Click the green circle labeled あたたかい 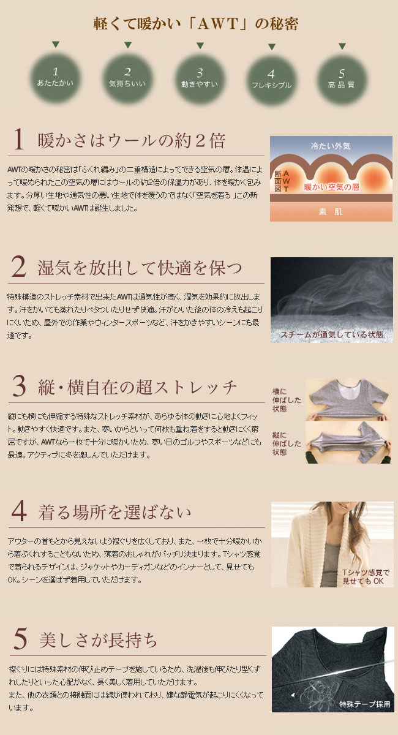coord(55,78)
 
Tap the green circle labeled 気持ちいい coord(127,78)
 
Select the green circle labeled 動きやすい coord(200,79)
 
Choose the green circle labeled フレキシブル coord(271,80)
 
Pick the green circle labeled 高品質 coord(342,80)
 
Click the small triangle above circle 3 coord(200,45)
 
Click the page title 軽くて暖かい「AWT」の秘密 coord(196,24)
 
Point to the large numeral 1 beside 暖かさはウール coord(18,139)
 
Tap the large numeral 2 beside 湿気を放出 coord(19,266)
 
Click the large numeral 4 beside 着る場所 coord(19,511)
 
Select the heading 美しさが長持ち coord(99,639)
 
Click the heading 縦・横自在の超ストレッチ coord(138,387)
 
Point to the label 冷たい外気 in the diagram coord(331,146)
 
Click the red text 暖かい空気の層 coord(332,187)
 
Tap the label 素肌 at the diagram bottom coord(331,212)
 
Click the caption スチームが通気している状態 coord(331,334)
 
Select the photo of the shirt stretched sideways coord(348,399)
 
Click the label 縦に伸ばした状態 coord(287,443)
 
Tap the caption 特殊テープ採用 coord(364,704)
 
